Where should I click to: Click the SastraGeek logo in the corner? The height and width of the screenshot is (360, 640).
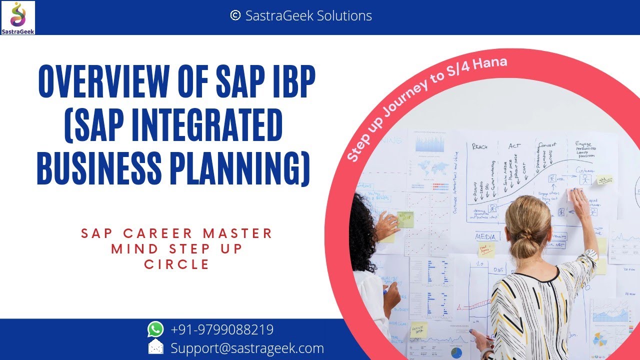pyautogui.click(x=18, y=17)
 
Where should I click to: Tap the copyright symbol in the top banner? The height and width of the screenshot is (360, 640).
pyautogui.click(x=235, y=16)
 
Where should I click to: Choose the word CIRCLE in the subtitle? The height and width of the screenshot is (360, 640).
pyautogui.click(x=177, y=264)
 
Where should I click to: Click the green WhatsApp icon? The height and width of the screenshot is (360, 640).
pyautogui.click(x=155, y=329)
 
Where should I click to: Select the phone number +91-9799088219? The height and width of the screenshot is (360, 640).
pyautogui.click(x=222, y=330)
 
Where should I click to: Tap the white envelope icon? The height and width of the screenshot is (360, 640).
pyautogui.click(x=155, y=347)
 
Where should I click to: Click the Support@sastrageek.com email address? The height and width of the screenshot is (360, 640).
pyautogui.click(x=247, y=348)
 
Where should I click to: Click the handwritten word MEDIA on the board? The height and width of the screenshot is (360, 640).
pyautogui.click(x=485, y=236)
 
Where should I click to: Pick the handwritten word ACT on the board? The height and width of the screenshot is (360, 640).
pyautogui.click(x=514, y=146)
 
